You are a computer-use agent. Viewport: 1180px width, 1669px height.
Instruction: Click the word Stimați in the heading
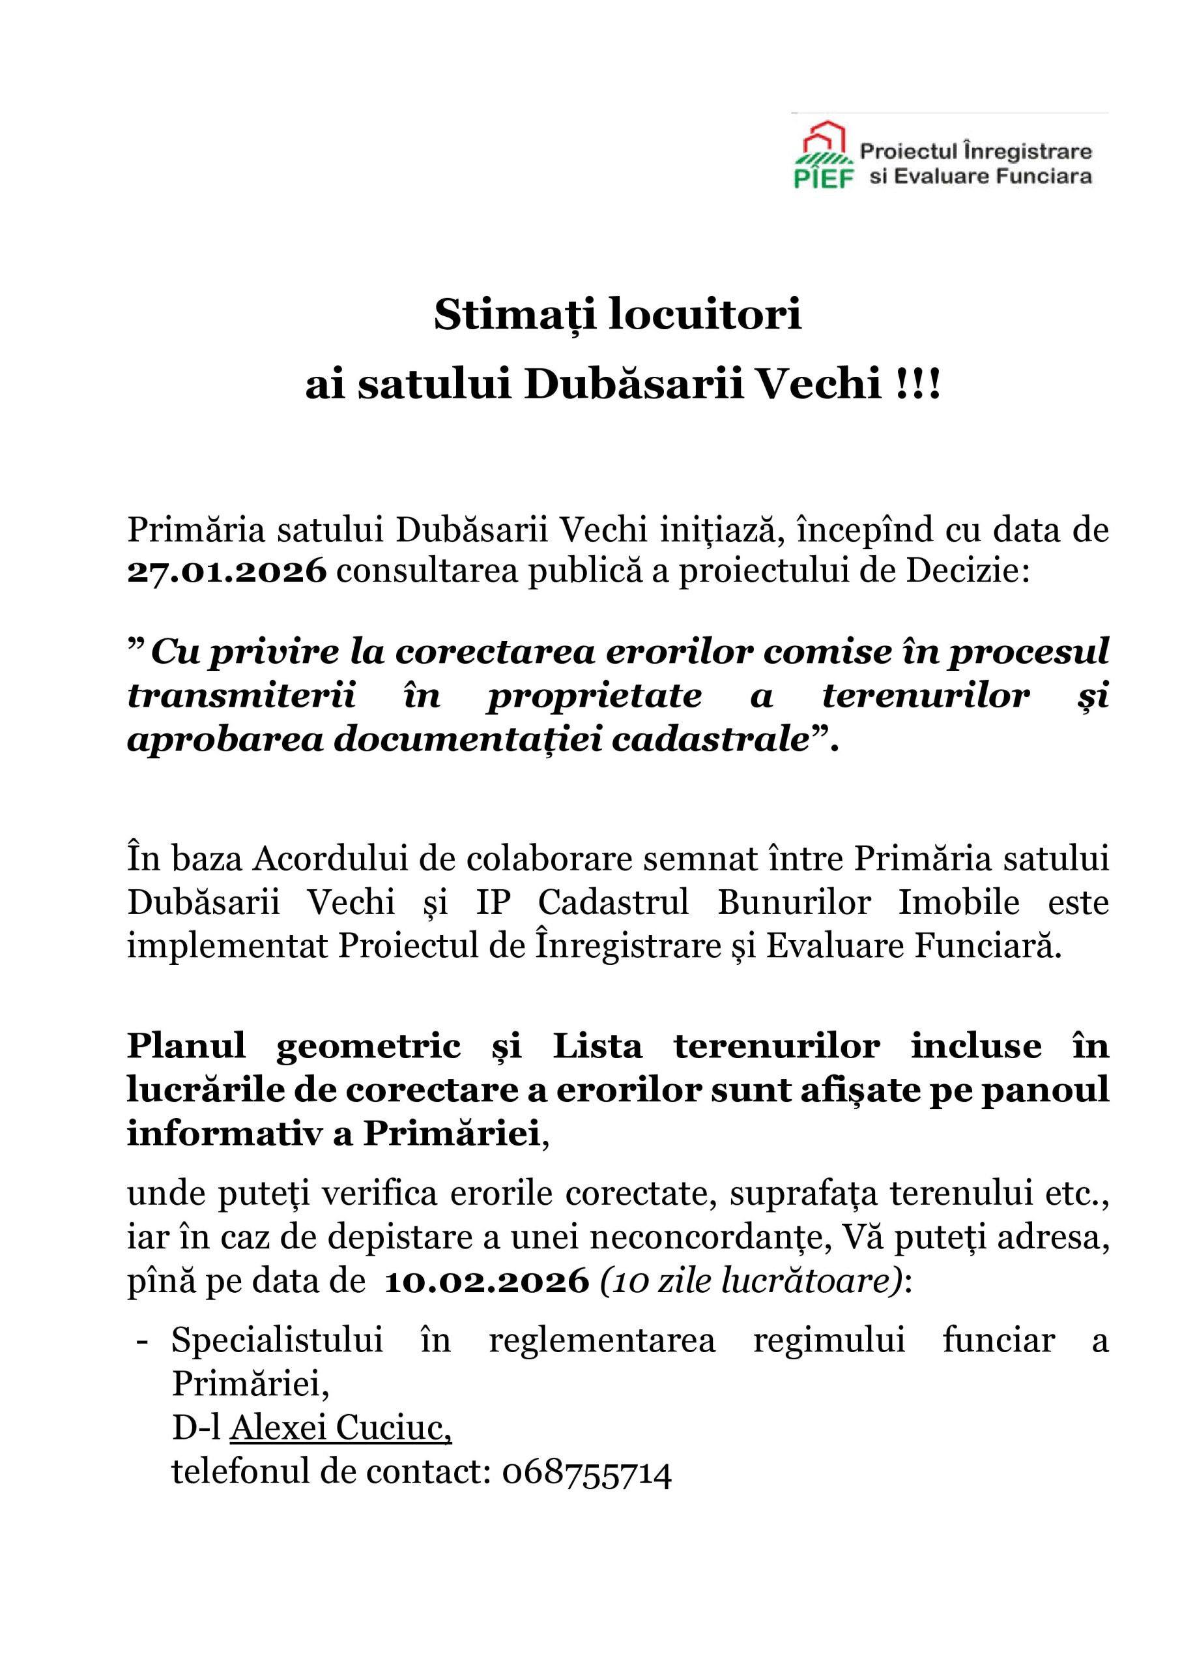tap(515, 315)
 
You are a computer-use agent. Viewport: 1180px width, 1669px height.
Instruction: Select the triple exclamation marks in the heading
tap(921, 384)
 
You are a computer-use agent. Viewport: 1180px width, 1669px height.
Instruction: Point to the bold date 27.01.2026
tap(227, 571)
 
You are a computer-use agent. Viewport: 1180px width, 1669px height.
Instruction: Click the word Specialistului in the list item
tap(277, 1340)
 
